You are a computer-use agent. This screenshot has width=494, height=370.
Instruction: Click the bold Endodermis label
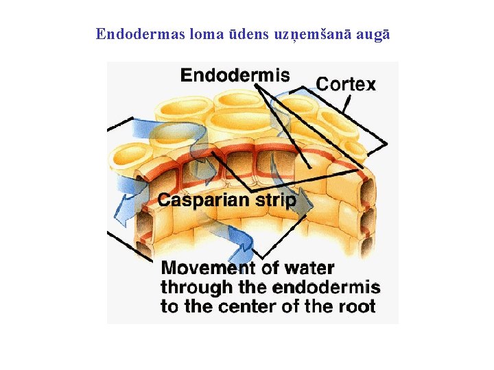235,75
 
